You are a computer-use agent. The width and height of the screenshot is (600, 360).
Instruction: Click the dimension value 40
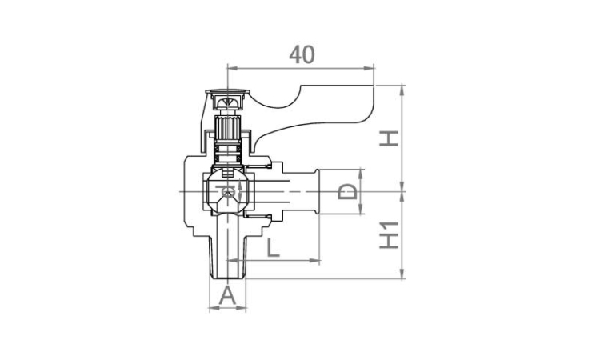pos(302,54)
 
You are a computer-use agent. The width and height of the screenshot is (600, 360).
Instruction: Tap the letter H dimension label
pos(389,138)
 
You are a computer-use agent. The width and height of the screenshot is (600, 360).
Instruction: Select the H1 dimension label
pos(389,235)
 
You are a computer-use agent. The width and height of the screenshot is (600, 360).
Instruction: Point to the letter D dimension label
pos(347,191)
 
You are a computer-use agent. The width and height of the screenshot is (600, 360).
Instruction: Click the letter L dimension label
pos(273,247)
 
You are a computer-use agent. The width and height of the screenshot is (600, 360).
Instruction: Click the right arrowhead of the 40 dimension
pos(369,69)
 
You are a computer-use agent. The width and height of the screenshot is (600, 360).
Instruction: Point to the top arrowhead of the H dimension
pos(402,90)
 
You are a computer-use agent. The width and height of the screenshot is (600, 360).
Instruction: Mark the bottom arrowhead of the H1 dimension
pos(402,274)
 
